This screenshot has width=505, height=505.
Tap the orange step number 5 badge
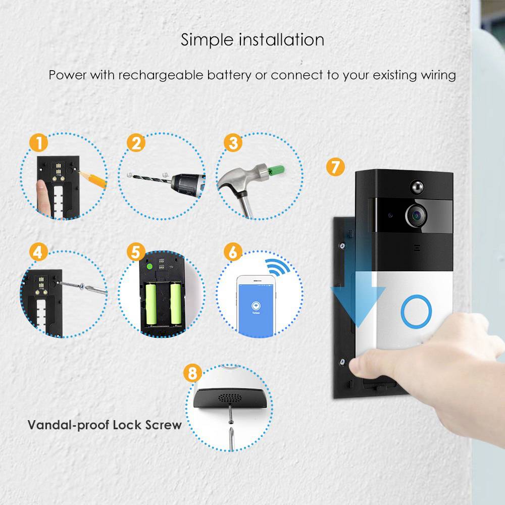(135, 252)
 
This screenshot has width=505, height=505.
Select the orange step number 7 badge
(333, 166)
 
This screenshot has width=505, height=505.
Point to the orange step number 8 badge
(192, 374)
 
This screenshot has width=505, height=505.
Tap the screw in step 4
(83, 287)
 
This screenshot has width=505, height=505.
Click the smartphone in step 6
(255, 306)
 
